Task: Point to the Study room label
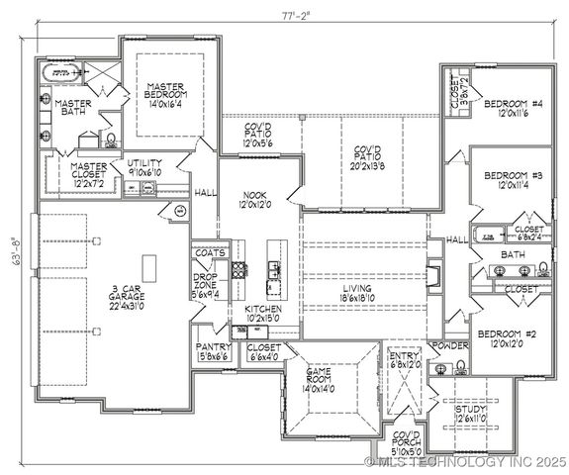(470, 409)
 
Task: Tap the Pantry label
(214, 347)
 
